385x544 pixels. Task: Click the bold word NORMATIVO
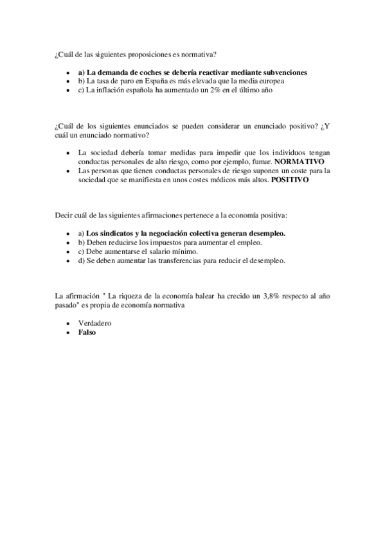point(299,162)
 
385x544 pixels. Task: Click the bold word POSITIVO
point(290,180)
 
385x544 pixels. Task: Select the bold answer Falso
point(86,333)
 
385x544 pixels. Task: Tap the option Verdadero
point(94,324)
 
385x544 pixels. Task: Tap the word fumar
point(258,162)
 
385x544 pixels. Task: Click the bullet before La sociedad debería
point(69,153)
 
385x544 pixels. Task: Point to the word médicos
point(228,180)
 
